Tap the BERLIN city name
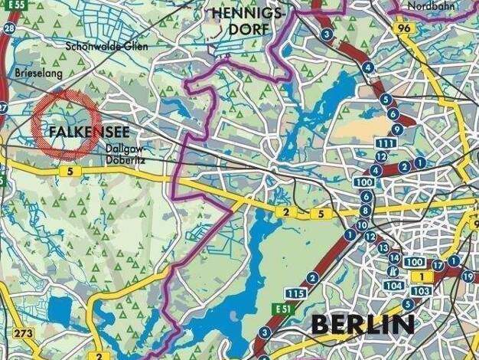coord(363,325)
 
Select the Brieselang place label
coord(36,73)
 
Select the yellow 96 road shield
coord(405,28)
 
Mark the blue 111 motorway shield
coord(386,143)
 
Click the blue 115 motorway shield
coord(296,293)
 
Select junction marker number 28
coord(9,28)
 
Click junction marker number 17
coord(438,266)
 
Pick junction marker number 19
coord(468,276)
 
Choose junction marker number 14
coord(394,258)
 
